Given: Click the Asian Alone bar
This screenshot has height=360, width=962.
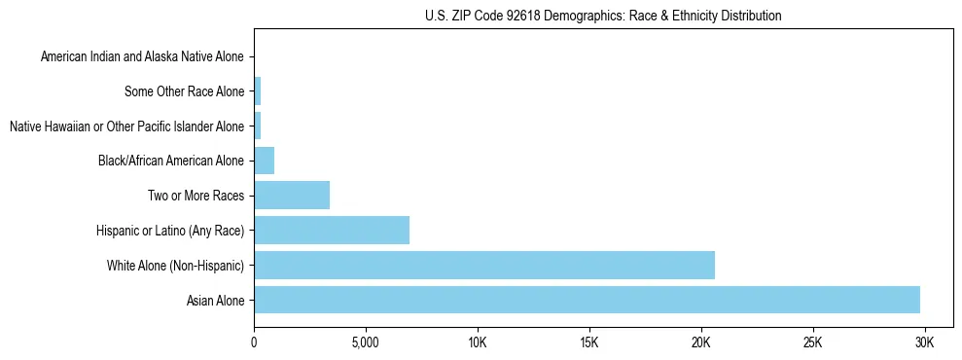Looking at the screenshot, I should pos(587,300).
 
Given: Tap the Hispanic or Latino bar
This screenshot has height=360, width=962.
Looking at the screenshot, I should pos(332,231).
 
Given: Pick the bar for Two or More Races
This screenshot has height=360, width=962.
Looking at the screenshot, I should pos(292,196).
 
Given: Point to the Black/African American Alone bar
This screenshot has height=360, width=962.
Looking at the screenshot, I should pos(265,161).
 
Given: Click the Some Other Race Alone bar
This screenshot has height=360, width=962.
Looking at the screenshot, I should pos(258,91).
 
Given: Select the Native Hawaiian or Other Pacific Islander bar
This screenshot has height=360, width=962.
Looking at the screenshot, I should pos(258,126).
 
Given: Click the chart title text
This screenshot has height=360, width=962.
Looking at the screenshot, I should pos(603,16).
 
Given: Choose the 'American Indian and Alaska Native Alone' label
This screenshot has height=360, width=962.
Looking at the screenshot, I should pos(143,57).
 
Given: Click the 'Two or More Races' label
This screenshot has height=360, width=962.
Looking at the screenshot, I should pos(196,197).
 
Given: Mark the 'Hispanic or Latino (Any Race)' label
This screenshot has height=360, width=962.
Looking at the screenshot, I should pos(170,231).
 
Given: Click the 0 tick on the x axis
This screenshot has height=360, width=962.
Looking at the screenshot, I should pos(254,342).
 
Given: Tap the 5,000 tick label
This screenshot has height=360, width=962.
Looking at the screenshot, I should pos(366,342).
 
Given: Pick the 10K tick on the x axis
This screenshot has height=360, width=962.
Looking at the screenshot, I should pos(478,342).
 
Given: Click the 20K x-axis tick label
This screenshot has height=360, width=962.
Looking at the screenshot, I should pos(701,342).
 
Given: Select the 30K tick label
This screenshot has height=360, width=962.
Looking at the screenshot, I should pos(925,342).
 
